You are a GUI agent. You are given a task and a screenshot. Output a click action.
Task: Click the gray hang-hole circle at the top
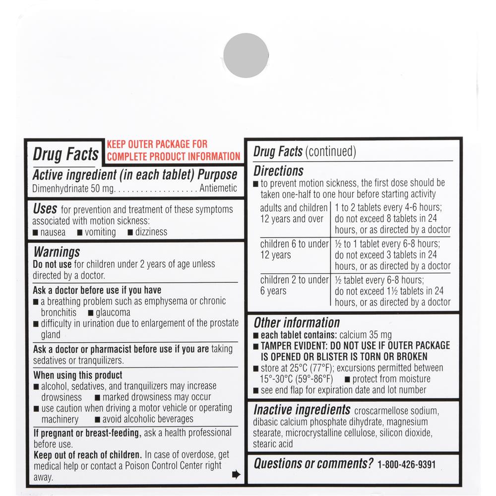246,55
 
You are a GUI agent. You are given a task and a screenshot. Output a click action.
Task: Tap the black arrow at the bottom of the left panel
236,475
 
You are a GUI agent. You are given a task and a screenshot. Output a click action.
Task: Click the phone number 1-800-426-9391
406,465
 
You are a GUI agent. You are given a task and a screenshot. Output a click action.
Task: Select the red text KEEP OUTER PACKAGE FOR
157,145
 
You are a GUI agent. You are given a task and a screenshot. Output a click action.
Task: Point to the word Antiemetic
218,188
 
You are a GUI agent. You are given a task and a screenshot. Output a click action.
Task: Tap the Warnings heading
57,252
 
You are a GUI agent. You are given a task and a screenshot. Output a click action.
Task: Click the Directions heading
278,171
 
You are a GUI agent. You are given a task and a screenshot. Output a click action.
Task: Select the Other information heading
297,322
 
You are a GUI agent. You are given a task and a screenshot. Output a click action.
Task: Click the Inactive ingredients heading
302,410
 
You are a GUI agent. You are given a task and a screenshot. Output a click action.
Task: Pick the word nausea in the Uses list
53,232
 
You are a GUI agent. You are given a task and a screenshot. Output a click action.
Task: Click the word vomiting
100,232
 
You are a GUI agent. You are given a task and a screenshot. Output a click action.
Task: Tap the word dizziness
151,232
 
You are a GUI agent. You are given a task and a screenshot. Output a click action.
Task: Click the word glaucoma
113,312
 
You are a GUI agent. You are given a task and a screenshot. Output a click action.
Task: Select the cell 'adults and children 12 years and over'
293,213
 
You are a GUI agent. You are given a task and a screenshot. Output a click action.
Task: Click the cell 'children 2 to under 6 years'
294,285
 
